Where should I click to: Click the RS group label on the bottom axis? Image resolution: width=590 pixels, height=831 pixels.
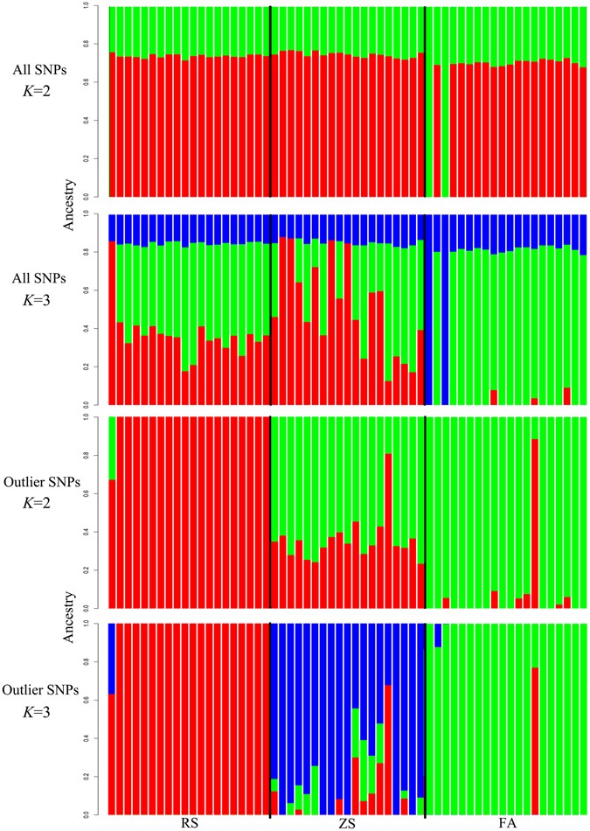tap(187, 822)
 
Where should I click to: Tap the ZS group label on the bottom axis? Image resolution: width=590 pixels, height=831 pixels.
tap(347, 822)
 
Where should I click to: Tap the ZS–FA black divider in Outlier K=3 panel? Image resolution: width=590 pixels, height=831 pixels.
tap(424, 717)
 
